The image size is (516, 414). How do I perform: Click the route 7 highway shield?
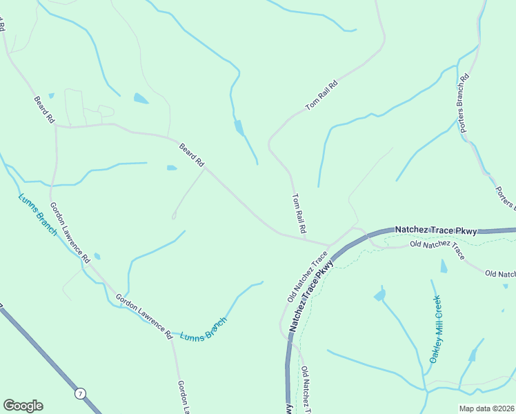click(81, 393)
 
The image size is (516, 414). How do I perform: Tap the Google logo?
click(23, 406)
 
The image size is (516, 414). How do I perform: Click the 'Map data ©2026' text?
click(486, 408)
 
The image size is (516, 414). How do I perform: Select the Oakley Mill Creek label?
click(435, 329)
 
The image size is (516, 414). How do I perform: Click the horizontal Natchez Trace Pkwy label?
click(435, 230)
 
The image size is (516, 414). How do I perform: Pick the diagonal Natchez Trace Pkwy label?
click(312, 293)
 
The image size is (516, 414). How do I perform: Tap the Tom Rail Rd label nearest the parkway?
click(299, 213)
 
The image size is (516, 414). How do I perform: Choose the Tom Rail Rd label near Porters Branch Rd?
click(322, 97)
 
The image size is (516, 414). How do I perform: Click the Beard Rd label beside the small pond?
click(192, 155)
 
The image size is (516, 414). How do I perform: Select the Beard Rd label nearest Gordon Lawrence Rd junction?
click(43, 110)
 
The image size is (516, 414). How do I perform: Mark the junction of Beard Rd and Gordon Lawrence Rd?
click(56, 127)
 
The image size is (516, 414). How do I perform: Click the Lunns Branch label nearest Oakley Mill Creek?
click(203, 329)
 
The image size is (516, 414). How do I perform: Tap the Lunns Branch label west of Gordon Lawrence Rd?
click(37, 214)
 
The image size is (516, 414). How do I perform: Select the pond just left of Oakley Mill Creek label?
click(379, 295)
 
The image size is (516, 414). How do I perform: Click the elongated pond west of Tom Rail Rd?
click(239, 128)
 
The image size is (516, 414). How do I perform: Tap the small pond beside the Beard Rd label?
click(172, 168)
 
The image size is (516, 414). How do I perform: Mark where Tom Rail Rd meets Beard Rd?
click(327, 244)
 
